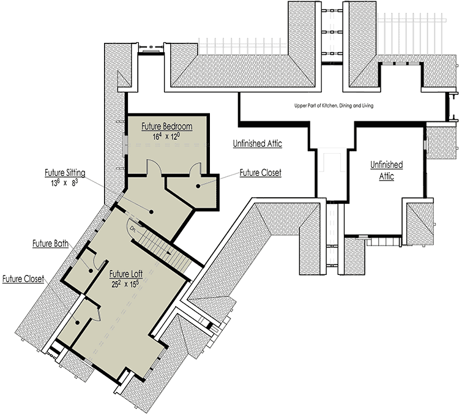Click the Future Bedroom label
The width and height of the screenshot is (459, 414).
pyautogui.click(x=167, y=127)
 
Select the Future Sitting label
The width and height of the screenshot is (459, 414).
pyautogui.click(x=65, y=172)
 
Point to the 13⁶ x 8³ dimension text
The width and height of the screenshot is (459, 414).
pyautogui.click(x=65, y=183)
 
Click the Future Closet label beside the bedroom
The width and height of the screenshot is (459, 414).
pyautogui.click(x=260, y=173)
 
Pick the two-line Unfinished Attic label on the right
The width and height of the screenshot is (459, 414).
pyautogui.click(x=387, y=170)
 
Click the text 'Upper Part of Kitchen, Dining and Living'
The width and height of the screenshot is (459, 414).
pyautogui.click(x=334, y=105)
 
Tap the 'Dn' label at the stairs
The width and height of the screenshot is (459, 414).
pyautogui.click(x=132, y=228)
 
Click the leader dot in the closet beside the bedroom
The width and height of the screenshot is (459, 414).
pyautogui.click(x=199, y=186)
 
